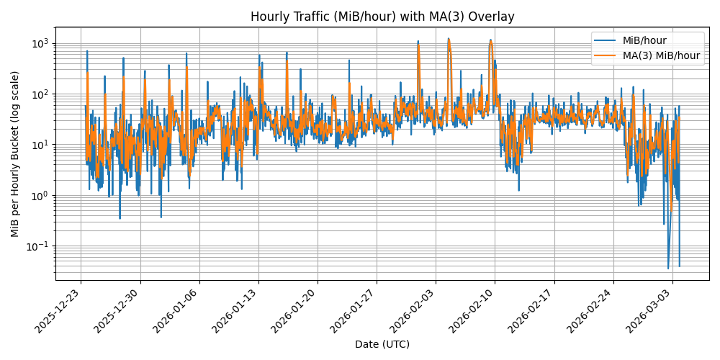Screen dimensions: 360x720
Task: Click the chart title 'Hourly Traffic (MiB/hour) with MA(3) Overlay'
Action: click(382, 17)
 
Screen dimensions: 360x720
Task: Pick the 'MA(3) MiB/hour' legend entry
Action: click(661, 55)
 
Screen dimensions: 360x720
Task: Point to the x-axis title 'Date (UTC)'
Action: click(382, 344)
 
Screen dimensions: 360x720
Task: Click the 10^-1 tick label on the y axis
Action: click(37, 246)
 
